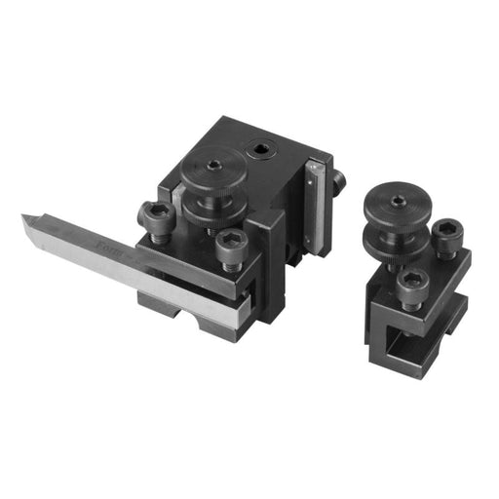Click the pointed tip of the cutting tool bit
click(x=24, y=218)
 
